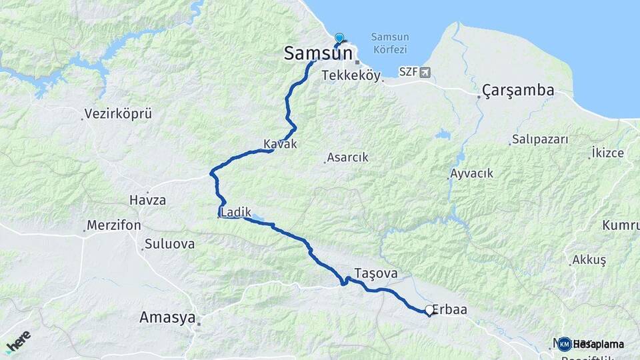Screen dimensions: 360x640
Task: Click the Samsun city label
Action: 317,53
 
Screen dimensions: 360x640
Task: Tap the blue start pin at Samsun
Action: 339,39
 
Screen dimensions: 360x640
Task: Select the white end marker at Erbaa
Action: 429,310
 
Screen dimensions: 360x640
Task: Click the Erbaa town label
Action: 450,309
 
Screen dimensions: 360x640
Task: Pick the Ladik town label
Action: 236,212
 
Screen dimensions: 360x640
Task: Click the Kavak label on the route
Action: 280,144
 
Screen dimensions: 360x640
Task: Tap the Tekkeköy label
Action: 351,76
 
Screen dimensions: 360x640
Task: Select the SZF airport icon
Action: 425,72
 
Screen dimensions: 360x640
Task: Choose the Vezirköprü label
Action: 119,114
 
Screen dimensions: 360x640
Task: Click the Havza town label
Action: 147,200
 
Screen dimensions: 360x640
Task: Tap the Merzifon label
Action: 113,225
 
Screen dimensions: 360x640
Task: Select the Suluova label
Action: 169,244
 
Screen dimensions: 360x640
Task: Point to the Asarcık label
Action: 347,158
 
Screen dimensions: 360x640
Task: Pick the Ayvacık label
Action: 472,173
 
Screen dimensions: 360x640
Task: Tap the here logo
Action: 19,341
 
